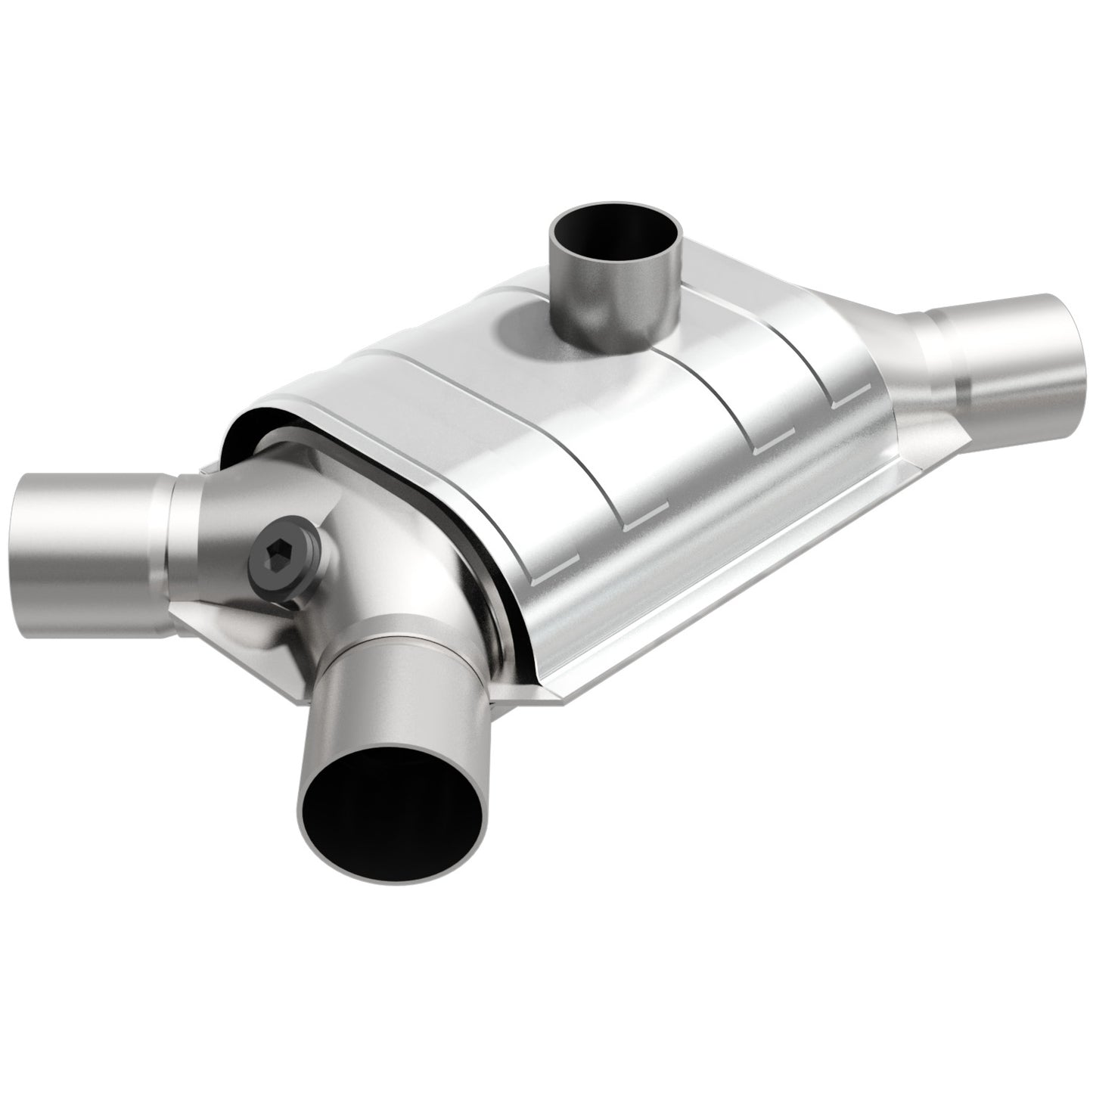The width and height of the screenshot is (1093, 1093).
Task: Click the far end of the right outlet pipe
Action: [x=1078, y=344]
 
